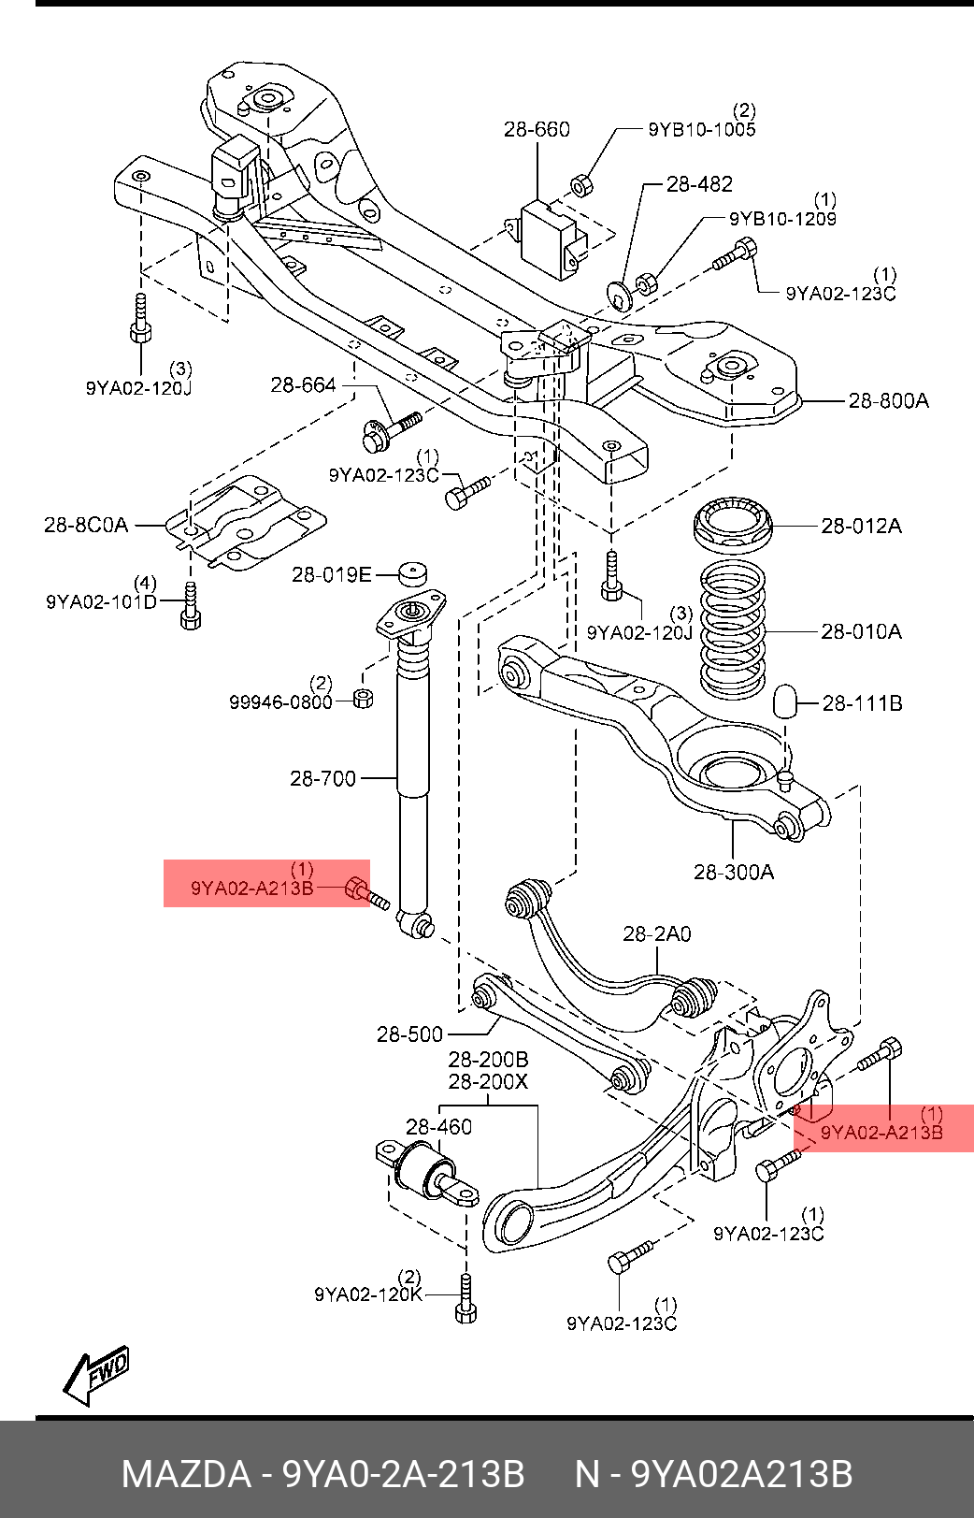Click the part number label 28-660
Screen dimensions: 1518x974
(x=537, y=129)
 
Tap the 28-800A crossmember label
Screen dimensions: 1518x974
(x=888, y=401)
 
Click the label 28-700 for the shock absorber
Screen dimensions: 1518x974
(x=322, y=778)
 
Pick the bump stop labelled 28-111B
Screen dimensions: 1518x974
(x=785, y=701)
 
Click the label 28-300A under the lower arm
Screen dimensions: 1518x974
(x=734, y=873)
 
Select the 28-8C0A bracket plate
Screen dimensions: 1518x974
(x=245, y=525)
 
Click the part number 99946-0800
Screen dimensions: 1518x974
(x=280, y=701)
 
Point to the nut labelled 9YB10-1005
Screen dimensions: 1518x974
(x=580, y=185)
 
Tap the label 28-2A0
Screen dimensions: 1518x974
(x=657, y=933)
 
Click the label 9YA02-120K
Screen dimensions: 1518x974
(x=368, y=1295)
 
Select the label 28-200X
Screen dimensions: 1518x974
(x=488, y=1082)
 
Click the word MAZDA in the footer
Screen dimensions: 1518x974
(x=187, y=1474)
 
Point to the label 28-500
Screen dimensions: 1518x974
(x=409, y=1034)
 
